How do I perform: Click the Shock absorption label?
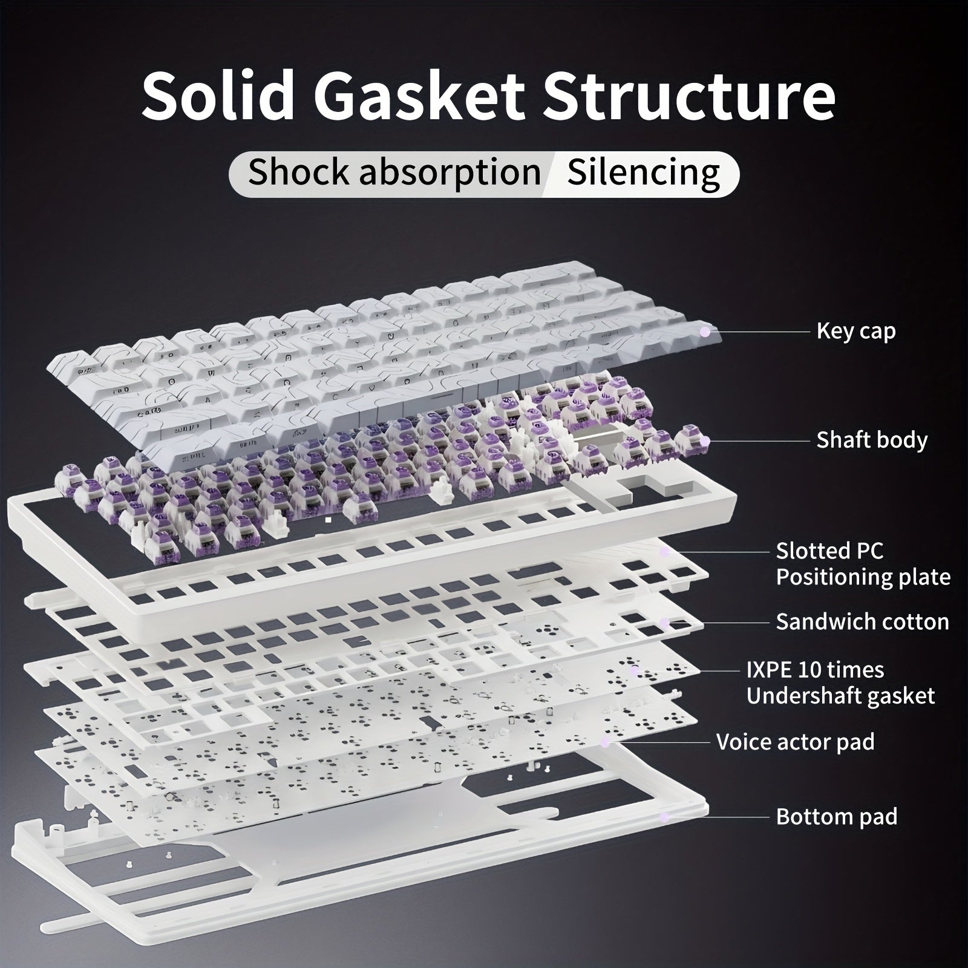(394, 173)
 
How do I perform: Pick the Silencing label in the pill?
(644, 173)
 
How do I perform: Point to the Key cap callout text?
(856, 332)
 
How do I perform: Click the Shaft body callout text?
(872, 440)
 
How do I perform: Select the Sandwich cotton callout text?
(863, 622)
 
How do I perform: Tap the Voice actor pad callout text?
(795, 742)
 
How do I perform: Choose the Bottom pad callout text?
(837, 817)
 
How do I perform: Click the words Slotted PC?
(829, 551)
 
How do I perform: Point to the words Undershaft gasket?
(840, 696)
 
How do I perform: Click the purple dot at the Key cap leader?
(704, 332)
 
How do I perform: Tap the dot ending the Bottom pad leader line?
(664, 817)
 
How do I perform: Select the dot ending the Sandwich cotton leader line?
(664, 622)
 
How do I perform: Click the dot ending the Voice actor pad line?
(604, 742)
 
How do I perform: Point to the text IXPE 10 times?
(815, 670)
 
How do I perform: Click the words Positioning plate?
(863, 577)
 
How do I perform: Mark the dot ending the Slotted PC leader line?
(664, 551)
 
